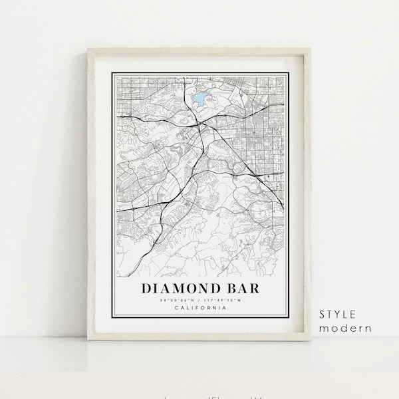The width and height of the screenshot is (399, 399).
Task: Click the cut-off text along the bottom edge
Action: tap(199, 395)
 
